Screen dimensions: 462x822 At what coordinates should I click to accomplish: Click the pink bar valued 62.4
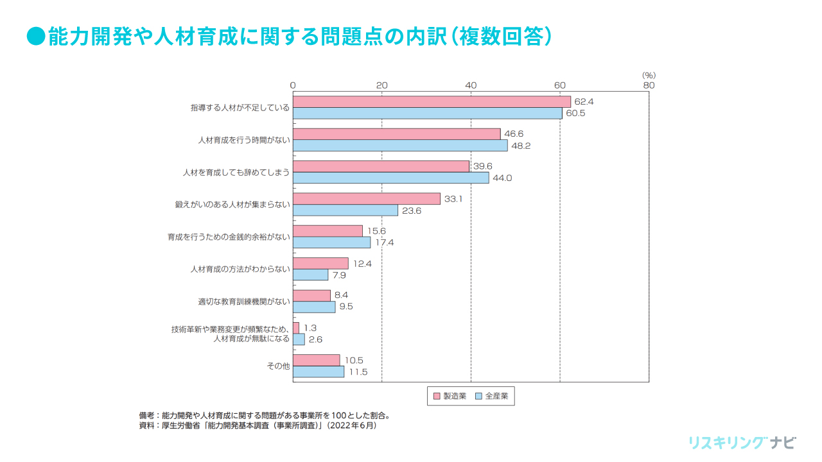pos(432,101)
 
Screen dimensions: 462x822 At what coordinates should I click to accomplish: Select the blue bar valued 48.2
pos(400,146)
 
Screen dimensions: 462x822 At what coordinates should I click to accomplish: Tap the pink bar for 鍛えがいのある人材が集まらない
pos(367,199)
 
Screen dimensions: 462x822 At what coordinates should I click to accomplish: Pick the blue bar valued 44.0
pos(390,178)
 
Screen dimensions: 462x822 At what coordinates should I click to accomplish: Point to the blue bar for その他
pos(319,372)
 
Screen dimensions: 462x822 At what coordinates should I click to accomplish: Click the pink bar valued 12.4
pos(320,263)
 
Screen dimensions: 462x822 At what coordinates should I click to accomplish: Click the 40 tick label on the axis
pos(471,85)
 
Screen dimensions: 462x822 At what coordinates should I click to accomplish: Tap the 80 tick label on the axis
pos(649,85)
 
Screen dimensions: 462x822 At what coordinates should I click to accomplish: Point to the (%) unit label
pos(649,75)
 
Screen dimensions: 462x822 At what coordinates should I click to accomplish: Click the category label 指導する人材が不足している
pos(240,108)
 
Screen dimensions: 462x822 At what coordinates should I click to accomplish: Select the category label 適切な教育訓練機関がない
pos(244,301)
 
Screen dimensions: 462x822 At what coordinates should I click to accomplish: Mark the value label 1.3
pos(310,328)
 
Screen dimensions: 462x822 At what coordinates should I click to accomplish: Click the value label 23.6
pos(410,210)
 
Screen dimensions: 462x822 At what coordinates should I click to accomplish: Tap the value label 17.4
pos(383,243)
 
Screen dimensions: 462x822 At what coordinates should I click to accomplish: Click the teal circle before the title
pos(35,36)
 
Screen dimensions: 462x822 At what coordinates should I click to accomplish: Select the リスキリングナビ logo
pos(742,442)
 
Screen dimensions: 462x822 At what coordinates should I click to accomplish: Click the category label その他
pos(278,366)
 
